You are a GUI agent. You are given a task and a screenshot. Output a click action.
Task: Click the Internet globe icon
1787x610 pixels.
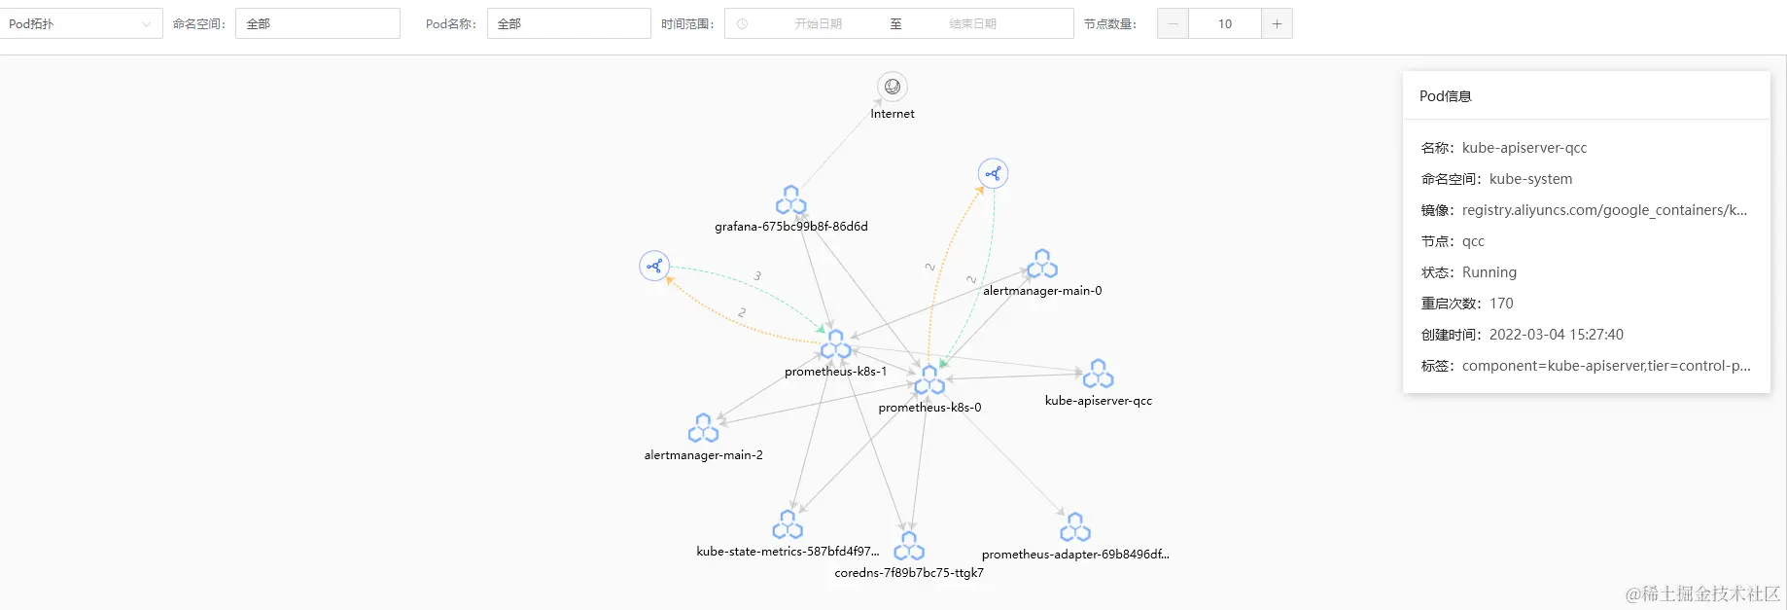pyautogui.click(x=893, y=87)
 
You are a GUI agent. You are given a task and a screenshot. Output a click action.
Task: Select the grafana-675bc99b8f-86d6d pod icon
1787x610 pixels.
pyautogui.click(x=790, y=200)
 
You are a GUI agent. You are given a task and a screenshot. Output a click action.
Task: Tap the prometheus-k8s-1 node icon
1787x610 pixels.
pyautogui.click(x=835, y=344)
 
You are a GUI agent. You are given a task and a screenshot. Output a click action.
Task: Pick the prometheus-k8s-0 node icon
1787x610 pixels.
pyautogui.click(x=929, y=380)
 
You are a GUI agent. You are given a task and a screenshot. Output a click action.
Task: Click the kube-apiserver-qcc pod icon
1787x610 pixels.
pyautogui.click(x=1098, y=374)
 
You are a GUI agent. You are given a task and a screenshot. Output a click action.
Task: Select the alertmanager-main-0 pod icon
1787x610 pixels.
pyautogui.click(x=1042, y=264)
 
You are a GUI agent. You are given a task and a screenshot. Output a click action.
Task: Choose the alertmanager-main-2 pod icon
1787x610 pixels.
pyautogui.click(x=703, y=428)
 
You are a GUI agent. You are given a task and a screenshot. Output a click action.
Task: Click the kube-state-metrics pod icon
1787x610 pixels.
pyautogui.click(x=788, y=524)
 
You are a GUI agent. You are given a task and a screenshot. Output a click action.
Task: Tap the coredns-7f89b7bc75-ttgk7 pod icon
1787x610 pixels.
pyautogui.click(x=909, y=546)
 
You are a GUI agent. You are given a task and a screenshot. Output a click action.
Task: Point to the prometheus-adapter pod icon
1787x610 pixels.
pyautogui.click(x=1074, y=527)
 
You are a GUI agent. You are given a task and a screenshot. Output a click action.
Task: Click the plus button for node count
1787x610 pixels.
pyautogui.click(x=1277, y=24)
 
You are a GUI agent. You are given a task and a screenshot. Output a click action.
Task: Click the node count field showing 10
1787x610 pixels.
pyautogui.click(x=1224, y=24)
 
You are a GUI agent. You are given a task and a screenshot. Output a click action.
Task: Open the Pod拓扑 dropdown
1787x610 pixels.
pyautogui.click(x=81, y=24)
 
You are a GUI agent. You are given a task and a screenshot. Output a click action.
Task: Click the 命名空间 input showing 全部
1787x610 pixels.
pyautogui.click(x=317, y=24)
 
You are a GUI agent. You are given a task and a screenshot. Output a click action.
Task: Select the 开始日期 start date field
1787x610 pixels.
pyautogui.click(x=818, y=24)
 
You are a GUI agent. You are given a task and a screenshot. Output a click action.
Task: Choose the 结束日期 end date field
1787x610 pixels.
pyautogui.click(x=972, y=24)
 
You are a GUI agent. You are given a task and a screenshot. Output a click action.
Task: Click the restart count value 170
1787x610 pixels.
pyautogui.click(x=1501, y=304)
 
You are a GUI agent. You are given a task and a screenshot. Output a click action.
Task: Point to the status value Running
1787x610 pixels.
pyautogui.click(x=1489, y=272)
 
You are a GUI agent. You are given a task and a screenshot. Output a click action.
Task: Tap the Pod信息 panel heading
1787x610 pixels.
pyautogui.click(x=1445, y=96)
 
